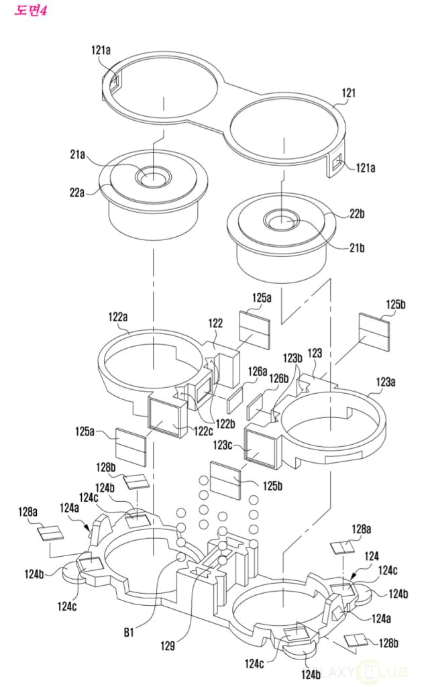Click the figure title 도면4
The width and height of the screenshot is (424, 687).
pos(31,11)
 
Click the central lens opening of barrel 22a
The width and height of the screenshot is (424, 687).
pos(154,178)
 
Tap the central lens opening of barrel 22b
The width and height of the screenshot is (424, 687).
pos(282,220)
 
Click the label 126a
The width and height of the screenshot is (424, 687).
pos(259,370)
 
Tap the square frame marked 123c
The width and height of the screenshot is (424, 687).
pos(259,446)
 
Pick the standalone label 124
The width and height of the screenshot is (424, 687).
pos(371,556)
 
